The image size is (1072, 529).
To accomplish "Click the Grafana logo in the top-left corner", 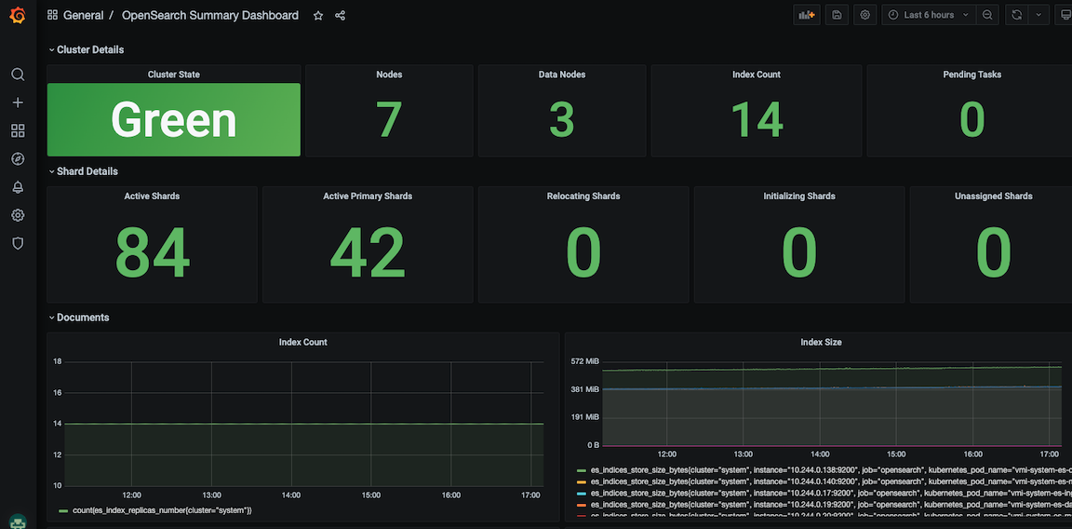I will tap(18, 16).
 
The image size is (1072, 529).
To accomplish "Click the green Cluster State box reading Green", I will tap(174, 120).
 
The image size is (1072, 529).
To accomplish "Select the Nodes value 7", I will tap(388, 120).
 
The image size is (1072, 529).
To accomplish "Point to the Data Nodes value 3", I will tap(561, 120).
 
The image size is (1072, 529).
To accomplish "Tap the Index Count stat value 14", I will tap(757, 120).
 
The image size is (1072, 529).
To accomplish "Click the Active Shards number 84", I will tap(153, 252).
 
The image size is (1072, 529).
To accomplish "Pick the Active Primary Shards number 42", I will tap(368, 252).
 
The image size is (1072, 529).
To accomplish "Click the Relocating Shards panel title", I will tap(583, 197).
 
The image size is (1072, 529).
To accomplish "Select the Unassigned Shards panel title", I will tap(993, 197).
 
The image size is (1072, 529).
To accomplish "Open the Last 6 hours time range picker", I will tap(928, 15).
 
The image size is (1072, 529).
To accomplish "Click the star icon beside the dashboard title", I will tap(318, 16).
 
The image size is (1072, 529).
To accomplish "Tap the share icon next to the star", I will tap(340, 16).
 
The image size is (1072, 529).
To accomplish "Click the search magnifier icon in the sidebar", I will tap(18, 75).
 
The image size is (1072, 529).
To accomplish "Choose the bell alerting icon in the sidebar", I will tap(18, 187).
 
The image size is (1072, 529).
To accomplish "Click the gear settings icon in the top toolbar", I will tap(865, 15).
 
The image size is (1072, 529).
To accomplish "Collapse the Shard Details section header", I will tap(87, 171).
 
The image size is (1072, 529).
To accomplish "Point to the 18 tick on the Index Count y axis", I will tap(57, 361).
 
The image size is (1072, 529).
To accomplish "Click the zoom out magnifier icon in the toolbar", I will tap(987, 15).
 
